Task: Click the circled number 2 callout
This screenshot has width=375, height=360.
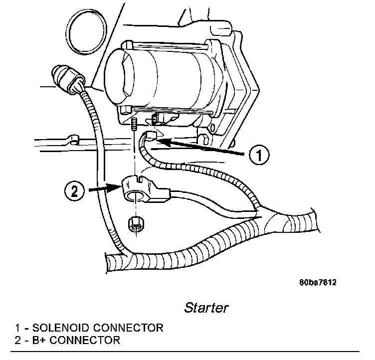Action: [74, 191]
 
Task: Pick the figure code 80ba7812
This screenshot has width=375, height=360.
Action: [318, 283]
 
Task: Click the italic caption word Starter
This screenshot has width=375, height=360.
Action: [206, 307]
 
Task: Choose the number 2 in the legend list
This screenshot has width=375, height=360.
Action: [18, 341]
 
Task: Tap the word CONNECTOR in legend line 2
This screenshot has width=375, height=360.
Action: [85, 341]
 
